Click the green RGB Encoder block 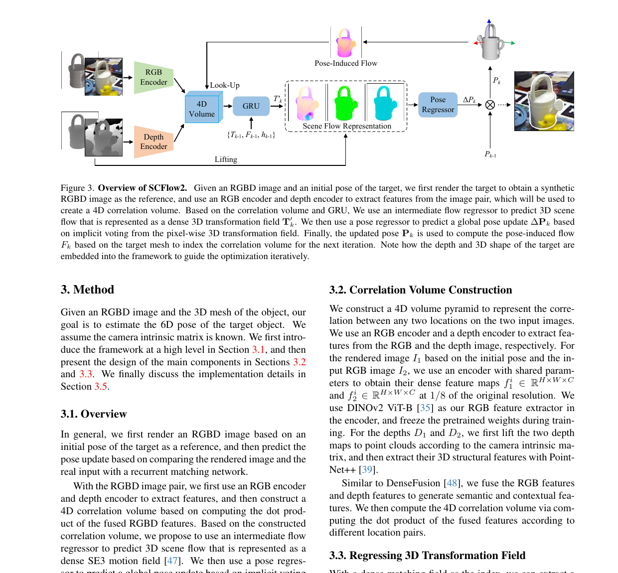(154, 77)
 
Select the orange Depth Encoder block (154, 142)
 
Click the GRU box (251, 106)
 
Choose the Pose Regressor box (438, 105)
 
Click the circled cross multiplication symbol (490, 105)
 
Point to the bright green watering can (345, 103)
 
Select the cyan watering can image (385, 103)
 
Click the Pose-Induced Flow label (346, 63)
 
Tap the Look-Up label (225, 85)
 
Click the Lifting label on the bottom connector (226, 159)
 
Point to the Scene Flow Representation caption (347, 126)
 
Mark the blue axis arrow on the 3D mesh (489, 28)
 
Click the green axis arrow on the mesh (509, 43)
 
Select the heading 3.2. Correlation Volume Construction (421, 290)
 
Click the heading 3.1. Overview (94, 414)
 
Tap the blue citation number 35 (425, 408)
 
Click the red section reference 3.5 (101, 386)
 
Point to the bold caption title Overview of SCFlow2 (143, 188)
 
